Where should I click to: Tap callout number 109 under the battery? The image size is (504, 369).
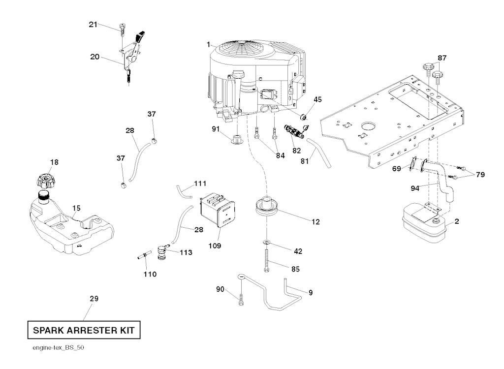click(x=215, y=245)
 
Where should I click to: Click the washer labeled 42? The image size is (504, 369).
click(x=266, y=243)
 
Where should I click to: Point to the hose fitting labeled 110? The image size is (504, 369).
click(x=143, y=256)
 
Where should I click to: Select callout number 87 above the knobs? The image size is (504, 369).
click(x=442, y=58)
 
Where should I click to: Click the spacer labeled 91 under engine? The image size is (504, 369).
click(x=237, y=138)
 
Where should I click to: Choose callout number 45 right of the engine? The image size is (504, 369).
click(x=317, y=99)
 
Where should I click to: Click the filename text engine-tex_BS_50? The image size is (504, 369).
click(x=54, y=347)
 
